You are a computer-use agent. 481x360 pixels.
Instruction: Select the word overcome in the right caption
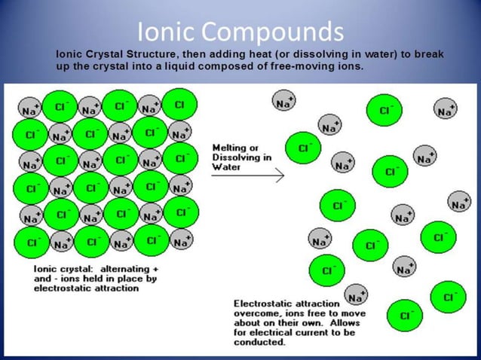[256, 313]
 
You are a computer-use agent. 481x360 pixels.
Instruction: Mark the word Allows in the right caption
[348, 322]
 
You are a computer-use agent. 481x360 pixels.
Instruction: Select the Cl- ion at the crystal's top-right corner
[179, 105]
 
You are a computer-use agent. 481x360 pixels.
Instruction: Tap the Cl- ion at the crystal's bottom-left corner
[32, 243]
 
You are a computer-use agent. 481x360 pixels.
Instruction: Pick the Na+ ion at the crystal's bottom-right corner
[180, 241]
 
